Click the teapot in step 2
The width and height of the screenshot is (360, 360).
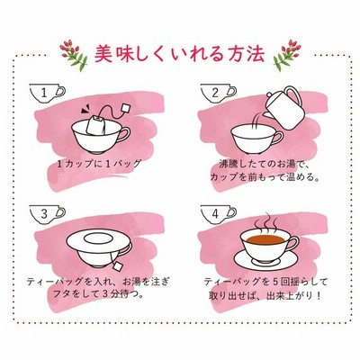pyautogui.click(x=285, y=109)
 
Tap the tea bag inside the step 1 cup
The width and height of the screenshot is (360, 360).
pyautogui.click(x=96, y=125)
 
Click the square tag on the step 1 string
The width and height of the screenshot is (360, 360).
pyautogui.click(x=126, y=108)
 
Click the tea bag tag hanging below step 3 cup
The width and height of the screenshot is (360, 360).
pyautogui.click(x=118, y=265)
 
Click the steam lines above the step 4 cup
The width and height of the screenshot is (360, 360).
pyautogui.click(x=264, y=223)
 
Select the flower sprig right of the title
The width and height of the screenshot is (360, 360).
pyautogui.click(x=286, y=54)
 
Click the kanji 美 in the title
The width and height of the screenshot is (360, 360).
pyautogui.click(x=104, y=54)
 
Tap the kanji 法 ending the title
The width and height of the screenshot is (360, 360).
pyautogui.click(x=255, y=54)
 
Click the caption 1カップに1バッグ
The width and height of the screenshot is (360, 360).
pyautogui.click(x=99, y=164)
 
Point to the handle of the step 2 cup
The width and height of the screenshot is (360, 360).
pyautogui.click(x=278, y=139)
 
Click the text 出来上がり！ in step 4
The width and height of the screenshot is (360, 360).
pyautogui.click(x=293, y=296)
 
